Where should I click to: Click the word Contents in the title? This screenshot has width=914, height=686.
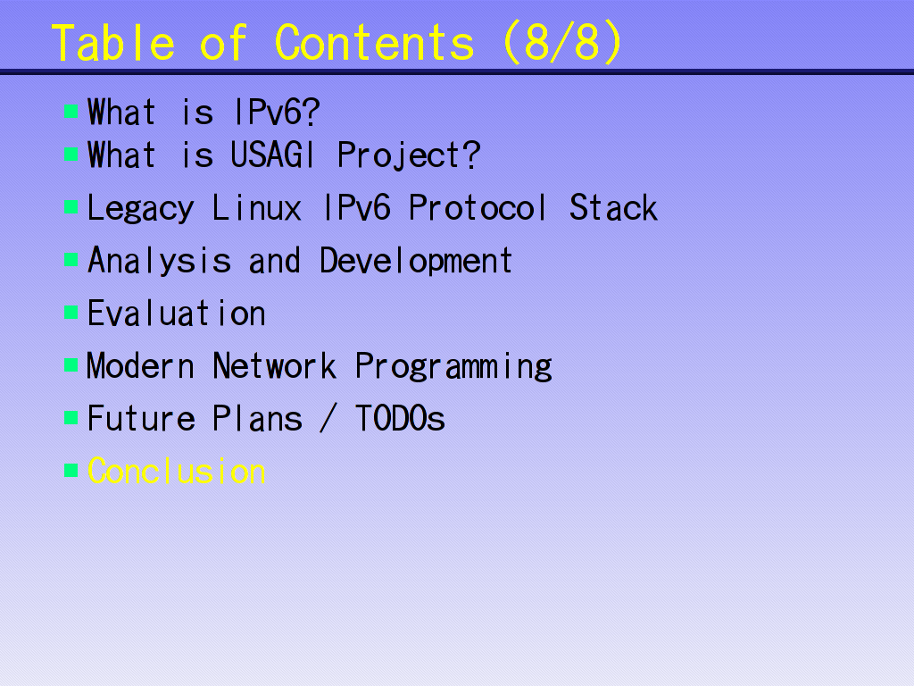(374, 43)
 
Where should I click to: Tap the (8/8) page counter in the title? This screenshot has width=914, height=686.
(562, 43)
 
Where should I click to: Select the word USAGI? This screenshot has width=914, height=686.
(273, 155)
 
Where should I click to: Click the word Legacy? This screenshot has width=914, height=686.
(140, 209)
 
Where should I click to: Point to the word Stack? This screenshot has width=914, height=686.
(613, 207)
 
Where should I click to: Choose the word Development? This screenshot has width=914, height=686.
(416, 262)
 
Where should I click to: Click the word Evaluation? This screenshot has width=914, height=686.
(177, 314)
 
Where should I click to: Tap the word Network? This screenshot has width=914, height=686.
(274, 365)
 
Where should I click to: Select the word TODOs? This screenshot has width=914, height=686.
(400, 418)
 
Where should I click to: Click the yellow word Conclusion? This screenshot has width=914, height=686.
(177, 471)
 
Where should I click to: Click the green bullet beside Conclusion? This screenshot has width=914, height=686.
(71, 470)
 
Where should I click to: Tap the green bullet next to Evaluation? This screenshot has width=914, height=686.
(71, 313)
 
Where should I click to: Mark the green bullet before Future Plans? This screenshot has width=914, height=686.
(71, 418)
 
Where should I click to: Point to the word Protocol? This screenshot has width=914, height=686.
(478, 207)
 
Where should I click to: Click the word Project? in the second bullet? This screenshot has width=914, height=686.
(409, 156)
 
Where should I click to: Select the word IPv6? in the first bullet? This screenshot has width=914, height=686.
(277, 112)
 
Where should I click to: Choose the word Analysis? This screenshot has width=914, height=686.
(159, 262)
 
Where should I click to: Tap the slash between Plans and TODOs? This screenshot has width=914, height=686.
(328, 418)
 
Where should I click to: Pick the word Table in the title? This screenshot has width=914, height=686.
(113, 43)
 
